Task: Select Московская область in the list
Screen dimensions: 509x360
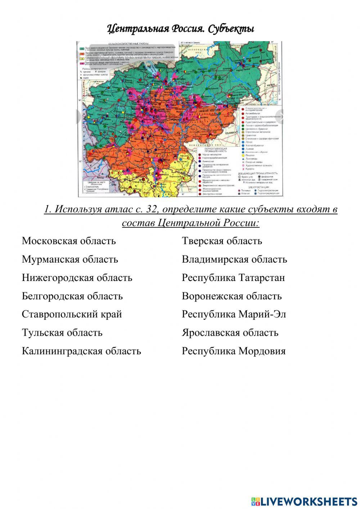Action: pyautogui.click(x=69, y=241)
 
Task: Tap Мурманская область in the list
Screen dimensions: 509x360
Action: pyautogui.click(x=70, y=259)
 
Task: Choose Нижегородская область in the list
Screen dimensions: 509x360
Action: pyautogui.click(x=77, y=278)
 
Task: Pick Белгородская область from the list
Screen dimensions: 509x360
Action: pyautogui.click(x=72, y=296)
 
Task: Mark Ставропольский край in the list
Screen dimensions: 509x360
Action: pyautogui.click(x=72, y=314)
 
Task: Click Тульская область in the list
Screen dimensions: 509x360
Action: pyautogui.click(x=62, y=332)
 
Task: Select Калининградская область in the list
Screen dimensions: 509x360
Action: pyautogui.click(x=81, y=351)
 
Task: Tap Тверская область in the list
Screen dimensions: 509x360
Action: pyautogui.click(x=222, y=241)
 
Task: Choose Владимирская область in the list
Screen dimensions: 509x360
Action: pyautogui.click(x=234, y=259)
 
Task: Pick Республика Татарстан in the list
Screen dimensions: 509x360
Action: pyautogui.click(x=233, y=278)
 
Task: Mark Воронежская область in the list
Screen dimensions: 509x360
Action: pyautogui.click(x=232, y=296)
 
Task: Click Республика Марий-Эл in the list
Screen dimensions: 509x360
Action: pyautogui.click(x=234, y=314)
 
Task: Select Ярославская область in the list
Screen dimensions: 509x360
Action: pyautogui.click(x=230, y=332)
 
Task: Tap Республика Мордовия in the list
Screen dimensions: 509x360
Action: pyautogui.click(x=234, y=351)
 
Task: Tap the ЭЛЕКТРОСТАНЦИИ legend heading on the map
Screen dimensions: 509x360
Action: pyautogui.click(x=258, y=187)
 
